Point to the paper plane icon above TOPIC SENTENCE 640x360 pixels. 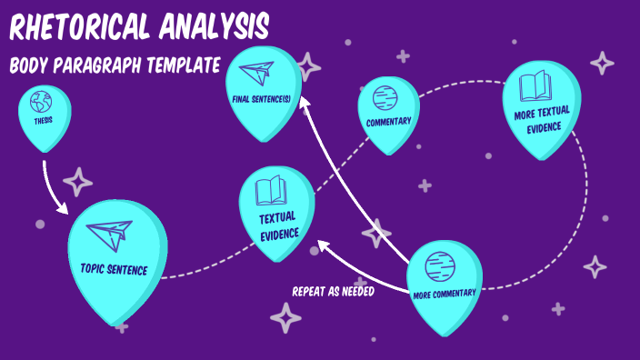coord(107,237)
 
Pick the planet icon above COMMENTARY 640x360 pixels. coord(387,96)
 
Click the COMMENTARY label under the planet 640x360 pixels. coord(388,122)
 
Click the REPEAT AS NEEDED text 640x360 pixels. coord(333,292)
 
